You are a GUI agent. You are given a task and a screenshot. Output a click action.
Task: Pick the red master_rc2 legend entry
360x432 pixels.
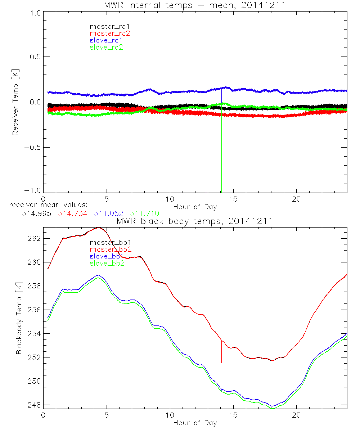(109, 33)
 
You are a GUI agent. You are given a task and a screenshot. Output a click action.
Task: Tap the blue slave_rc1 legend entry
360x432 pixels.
(106, 40)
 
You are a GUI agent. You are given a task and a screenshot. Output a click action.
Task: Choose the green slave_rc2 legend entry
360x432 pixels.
(106, 47)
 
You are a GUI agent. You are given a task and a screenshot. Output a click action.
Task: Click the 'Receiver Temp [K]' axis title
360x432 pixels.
(15, 102)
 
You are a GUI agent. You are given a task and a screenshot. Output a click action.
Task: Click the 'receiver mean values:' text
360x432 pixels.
(46, 205)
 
